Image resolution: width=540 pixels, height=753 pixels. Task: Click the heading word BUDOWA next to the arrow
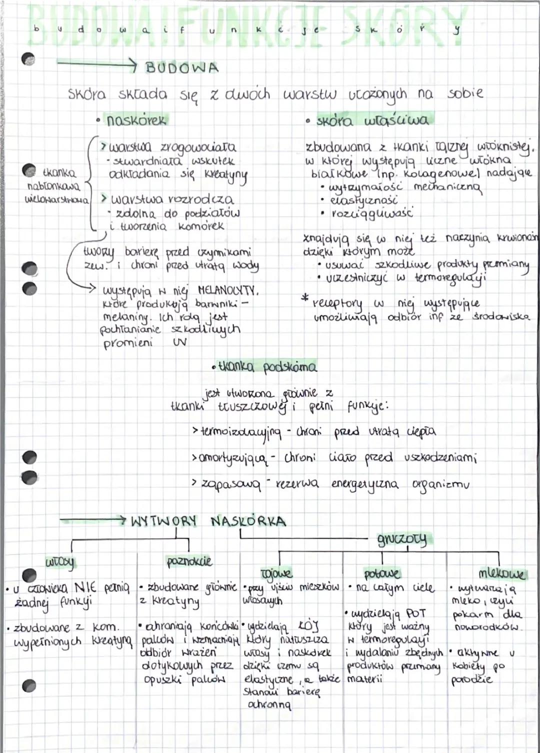point(181,67)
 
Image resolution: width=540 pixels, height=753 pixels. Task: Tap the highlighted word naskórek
point(136,120)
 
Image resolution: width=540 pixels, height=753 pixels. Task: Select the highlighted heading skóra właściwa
point(372,120)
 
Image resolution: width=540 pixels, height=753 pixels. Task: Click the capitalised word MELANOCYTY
point(228,289)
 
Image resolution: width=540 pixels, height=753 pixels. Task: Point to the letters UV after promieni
point(179,343)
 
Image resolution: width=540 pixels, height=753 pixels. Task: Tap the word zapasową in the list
point(231,484)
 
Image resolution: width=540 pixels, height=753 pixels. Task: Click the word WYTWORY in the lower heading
point(163,521)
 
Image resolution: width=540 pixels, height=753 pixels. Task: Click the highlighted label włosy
point(60,562)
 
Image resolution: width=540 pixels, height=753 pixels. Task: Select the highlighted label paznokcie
point(189,561)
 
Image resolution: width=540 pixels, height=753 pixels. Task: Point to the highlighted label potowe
point(382,573)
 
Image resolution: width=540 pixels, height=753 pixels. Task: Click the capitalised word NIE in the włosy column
point(86,586)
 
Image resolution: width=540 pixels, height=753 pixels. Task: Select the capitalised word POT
point(416,613)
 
